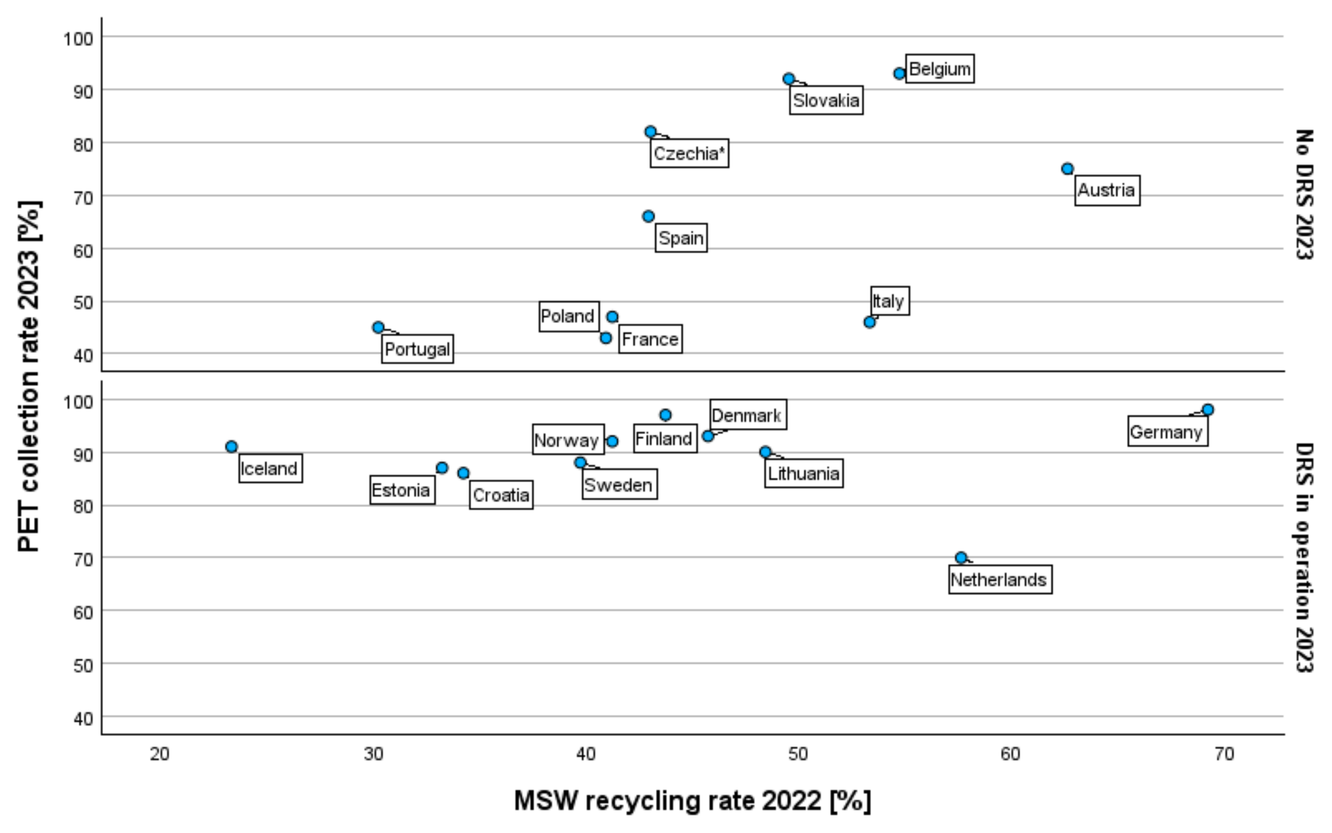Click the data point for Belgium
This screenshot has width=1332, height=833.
(899, 73)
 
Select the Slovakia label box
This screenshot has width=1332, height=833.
(826, 100)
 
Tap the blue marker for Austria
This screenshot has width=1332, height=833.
(1067, 169)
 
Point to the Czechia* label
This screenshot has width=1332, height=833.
(689, 153)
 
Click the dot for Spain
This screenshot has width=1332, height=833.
(648, 217)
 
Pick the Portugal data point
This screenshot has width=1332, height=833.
(378, 327)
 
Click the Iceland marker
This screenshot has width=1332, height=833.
(231, 446)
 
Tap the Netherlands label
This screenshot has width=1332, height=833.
(1000, 580)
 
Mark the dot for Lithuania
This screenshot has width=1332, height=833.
(765, 452)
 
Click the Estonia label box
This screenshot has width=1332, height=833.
(402, 490)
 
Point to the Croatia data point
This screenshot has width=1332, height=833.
(463, 473)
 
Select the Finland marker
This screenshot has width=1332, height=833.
(665, 415)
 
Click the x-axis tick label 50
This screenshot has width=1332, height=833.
(798, 754)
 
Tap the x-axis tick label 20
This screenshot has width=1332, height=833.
(160, 754)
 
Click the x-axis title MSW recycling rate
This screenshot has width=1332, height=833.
(692, 801)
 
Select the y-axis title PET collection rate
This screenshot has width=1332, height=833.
(29, 376)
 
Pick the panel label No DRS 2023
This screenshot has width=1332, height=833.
(1303, 194)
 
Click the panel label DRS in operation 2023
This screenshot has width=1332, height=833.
(1303, 557)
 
